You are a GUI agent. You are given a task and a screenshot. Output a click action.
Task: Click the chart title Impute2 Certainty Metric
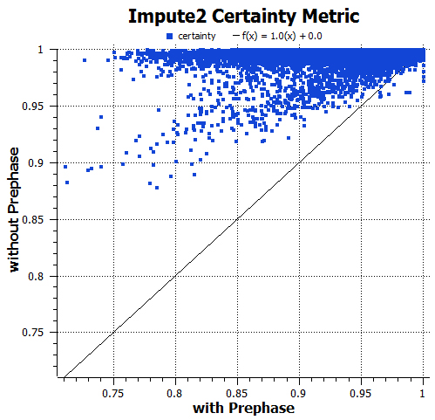coord(243,16)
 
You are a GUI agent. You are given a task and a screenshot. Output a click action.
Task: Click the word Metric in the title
coord(330,16)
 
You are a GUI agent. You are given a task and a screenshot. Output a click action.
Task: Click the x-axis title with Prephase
coord(243,408)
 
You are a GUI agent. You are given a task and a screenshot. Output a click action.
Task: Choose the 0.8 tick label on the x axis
coord(176,393)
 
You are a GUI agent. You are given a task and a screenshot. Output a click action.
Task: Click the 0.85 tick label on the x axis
coord(238,393)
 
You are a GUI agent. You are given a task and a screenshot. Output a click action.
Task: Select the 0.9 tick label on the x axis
coord(300,393)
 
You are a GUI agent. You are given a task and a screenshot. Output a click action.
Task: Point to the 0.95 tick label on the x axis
coord(362,393)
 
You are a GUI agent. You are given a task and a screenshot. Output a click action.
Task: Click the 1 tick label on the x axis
coord(424,393)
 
